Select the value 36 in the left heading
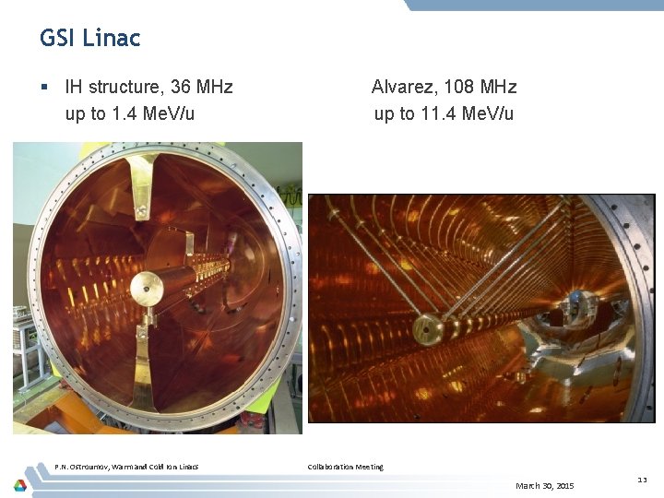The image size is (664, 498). [170, 88]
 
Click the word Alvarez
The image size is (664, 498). [406, 88]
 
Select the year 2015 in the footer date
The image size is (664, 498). [563, 485]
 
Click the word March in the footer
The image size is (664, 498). [529, 485]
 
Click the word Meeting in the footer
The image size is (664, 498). [370, 467]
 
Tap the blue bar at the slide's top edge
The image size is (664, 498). [535, 5]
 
